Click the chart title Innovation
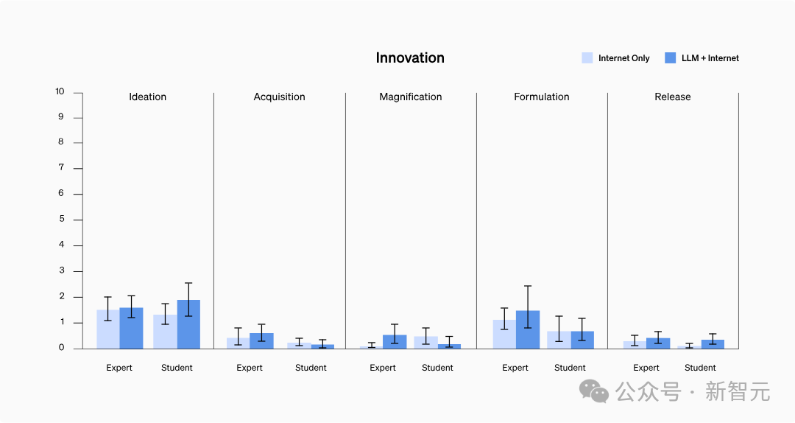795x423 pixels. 410,58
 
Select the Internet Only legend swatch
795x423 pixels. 587,57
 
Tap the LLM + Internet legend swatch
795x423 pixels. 670,57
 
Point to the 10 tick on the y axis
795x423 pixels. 60,92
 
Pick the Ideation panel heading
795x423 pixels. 147,97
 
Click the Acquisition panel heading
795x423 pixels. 279,97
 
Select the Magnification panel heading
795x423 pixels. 410,97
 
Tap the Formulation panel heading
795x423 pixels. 541,97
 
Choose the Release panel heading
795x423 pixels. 672,97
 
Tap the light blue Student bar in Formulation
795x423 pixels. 559,340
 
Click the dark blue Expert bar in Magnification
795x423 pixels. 395,342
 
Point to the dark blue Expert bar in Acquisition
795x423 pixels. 261,341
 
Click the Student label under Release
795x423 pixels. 700,368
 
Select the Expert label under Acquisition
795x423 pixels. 250,368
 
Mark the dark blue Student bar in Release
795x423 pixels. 713,344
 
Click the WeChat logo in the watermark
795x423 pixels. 595,391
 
